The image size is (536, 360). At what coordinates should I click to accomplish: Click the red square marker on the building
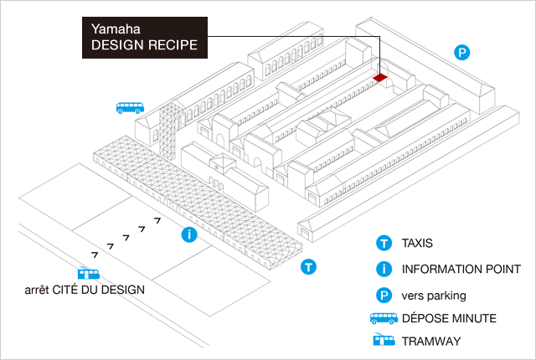380,78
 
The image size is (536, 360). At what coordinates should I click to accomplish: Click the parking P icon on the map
461,53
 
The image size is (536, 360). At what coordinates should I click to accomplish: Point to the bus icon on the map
130,107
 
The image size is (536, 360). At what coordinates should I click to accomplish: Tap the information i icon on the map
190,234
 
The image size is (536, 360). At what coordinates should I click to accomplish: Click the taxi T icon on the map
308,267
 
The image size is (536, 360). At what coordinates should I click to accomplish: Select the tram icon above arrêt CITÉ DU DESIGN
89,274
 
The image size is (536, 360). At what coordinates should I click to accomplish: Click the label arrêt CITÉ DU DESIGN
85,290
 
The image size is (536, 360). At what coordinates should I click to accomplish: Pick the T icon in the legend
384,244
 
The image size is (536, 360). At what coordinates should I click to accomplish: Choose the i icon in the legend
384,270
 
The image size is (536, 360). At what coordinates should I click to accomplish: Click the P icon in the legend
384,295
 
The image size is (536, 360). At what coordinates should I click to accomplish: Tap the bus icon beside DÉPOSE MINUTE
384,319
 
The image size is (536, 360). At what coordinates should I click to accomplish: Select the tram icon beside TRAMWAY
384,342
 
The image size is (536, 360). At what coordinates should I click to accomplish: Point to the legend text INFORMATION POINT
461,270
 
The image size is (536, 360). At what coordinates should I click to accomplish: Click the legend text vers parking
434,295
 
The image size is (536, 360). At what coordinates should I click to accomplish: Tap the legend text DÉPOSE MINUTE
449,319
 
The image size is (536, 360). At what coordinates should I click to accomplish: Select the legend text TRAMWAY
430,342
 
